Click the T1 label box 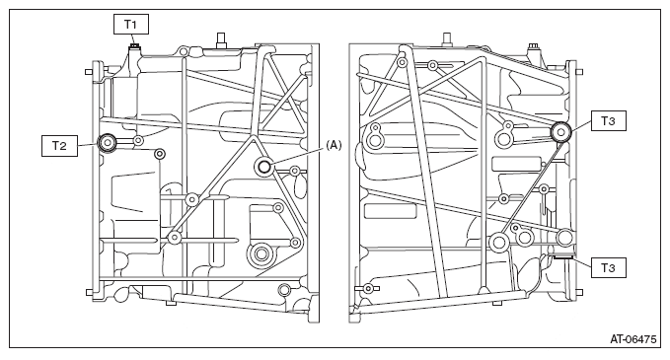[131, 25]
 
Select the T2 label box [59, 146]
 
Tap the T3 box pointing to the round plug [609, 121]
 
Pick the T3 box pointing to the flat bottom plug [609, 267]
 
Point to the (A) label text [334, 145]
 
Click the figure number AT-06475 [633, 339]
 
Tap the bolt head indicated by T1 [134, 44]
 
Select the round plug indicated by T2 [107, 143]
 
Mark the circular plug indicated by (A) [264, 166]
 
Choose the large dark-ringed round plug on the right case [560, 132]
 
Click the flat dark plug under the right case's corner [562, 255]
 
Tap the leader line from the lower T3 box [581, 261]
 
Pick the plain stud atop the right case [447, 39]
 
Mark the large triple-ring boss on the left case [261, 254]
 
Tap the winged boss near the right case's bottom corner [368, 289]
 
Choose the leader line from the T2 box [88, 145]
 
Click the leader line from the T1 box [132, 37]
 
